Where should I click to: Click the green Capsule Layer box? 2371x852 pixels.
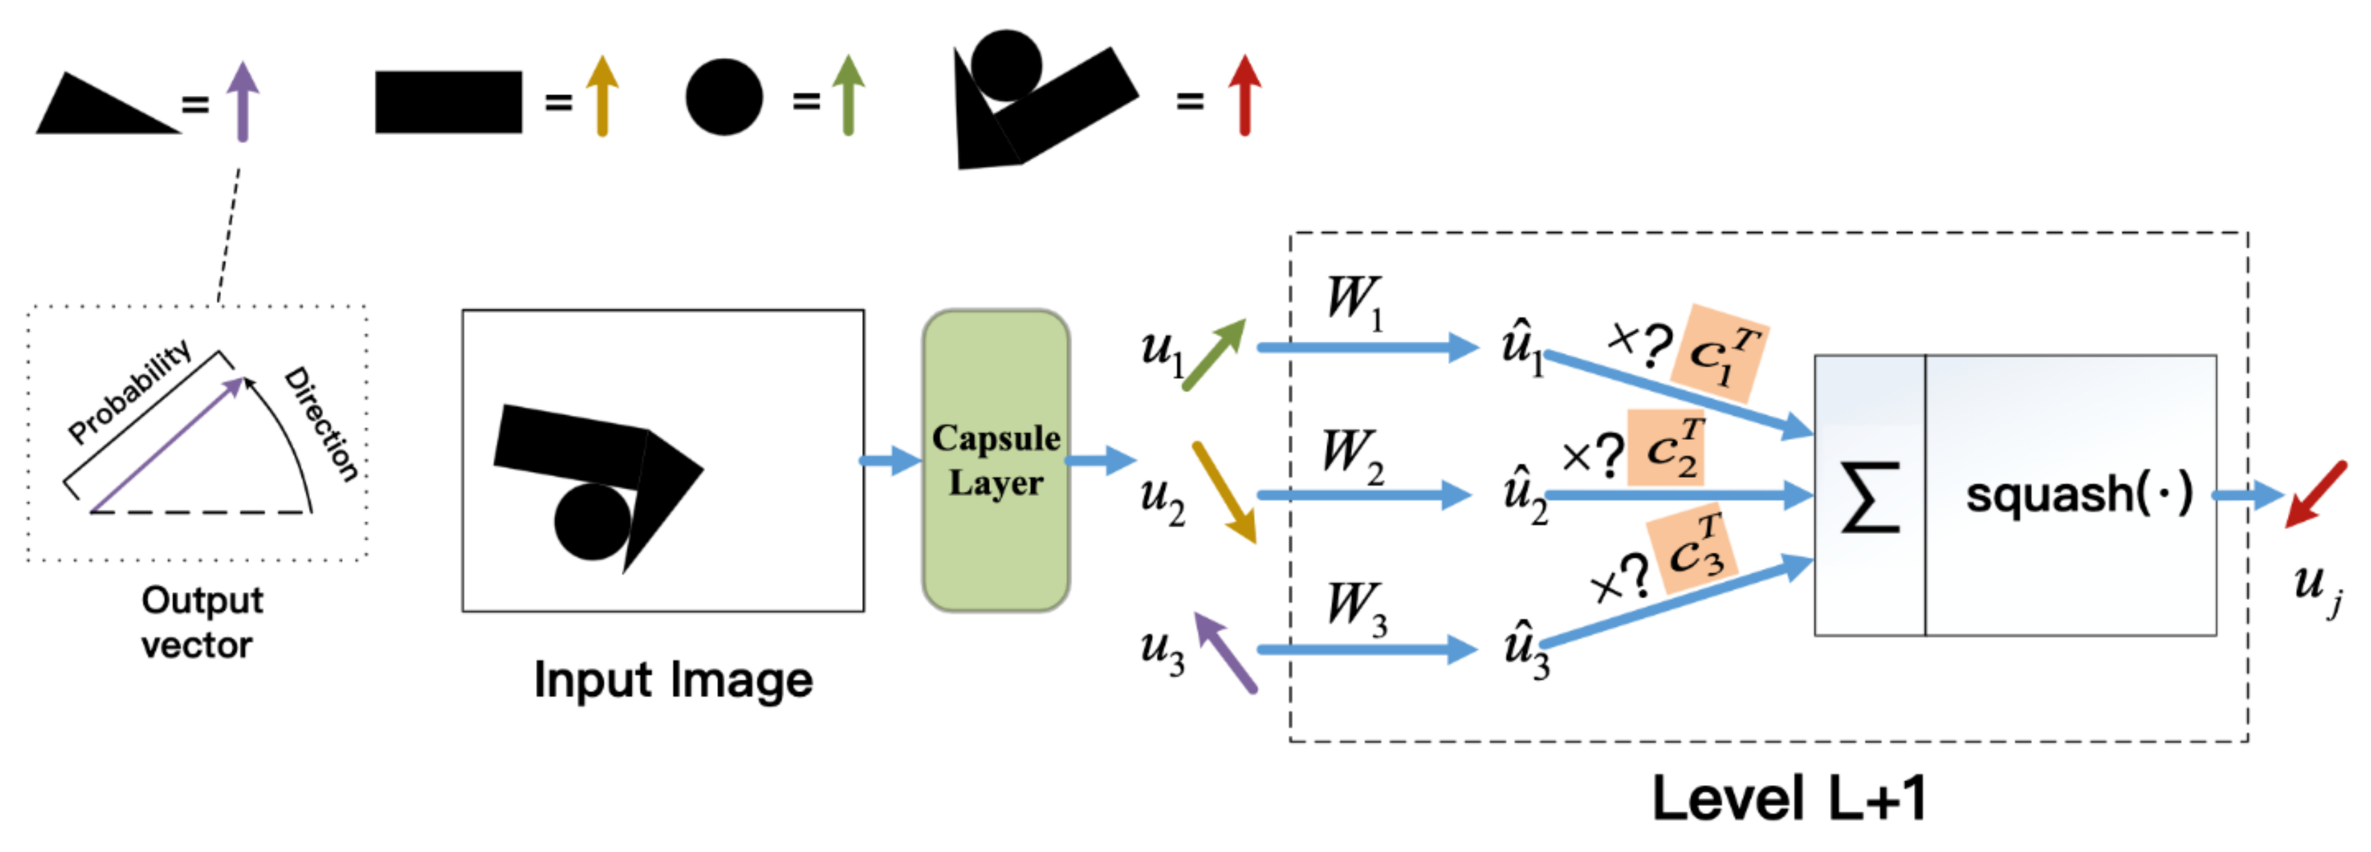pyautogui.click(x=996, y=460)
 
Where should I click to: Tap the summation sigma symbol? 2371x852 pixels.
pyautogui.click(x=1869, y=498)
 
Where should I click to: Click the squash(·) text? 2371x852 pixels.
pyautogui.click(x=2078, y=494)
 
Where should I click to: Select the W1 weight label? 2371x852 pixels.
pyautogui.click(x=1353, y=301)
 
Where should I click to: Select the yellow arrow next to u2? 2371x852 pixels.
pyautogui.click(x=1224, y=492)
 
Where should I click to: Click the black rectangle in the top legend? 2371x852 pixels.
pyautogui.click(x=448, y=101)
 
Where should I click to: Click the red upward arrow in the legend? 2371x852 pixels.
pyautogui.click(x=1245, y=95)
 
